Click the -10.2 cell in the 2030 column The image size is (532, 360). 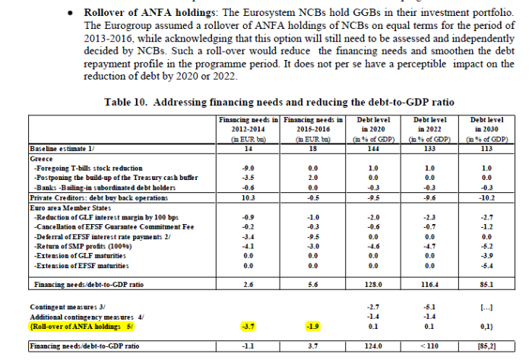(x=487, y=196)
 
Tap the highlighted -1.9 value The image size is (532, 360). (x=312, y=326)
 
